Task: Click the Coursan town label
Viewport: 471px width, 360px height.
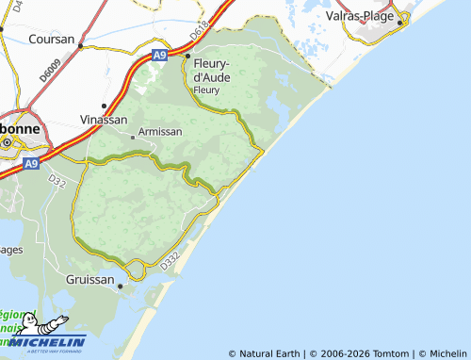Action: click(x=50, y=40)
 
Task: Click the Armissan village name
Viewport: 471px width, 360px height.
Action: click(x=159, y=133)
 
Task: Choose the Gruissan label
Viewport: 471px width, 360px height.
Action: click(x=90, y=280)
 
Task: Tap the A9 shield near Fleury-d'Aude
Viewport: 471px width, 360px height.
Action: click(x=162, y=57)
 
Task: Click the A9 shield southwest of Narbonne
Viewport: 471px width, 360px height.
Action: click(x=31, y=164)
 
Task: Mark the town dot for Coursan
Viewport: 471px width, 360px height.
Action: click(x=81, y=45)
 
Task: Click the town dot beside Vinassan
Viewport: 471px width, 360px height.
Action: click(x=104, y=106)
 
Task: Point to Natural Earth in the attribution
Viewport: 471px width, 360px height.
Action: click(x=268, y=353)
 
